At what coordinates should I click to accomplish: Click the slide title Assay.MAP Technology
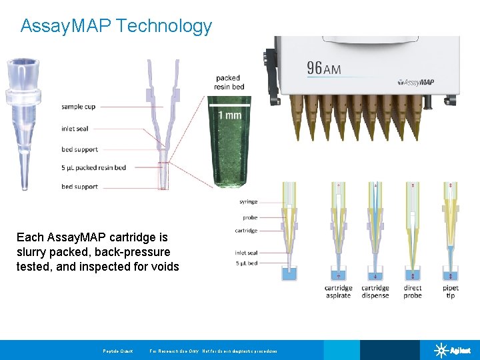(x=116, y=26)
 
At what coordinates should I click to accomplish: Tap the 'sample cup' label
(x=78, y=107)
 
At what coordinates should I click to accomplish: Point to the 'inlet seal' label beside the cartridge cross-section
(x=75, y=129)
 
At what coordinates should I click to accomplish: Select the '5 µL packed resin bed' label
(x=93, y=167)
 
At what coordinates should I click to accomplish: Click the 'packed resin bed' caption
(x=229, y=83)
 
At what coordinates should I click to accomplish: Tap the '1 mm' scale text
(x=229, y=115)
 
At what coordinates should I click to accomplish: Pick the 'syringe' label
(x=248, y=202)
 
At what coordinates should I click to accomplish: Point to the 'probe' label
(x=250, y=218)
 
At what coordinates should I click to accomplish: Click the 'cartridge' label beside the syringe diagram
(x=246, y=231)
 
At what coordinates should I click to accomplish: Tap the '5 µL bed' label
(x=247, y=263)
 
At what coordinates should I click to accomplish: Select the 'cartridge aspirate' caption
(x=339, y=292)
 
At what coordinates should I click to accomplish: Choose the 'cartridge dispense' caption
(x=375, y=292)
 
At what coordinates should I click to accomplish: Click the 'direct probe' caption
(x=413, y=292)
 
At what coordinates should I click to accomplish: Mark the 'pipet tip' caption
(x=450, y=292)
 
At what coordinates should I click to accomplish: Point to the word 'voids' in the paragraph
(x=165, y=267)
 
